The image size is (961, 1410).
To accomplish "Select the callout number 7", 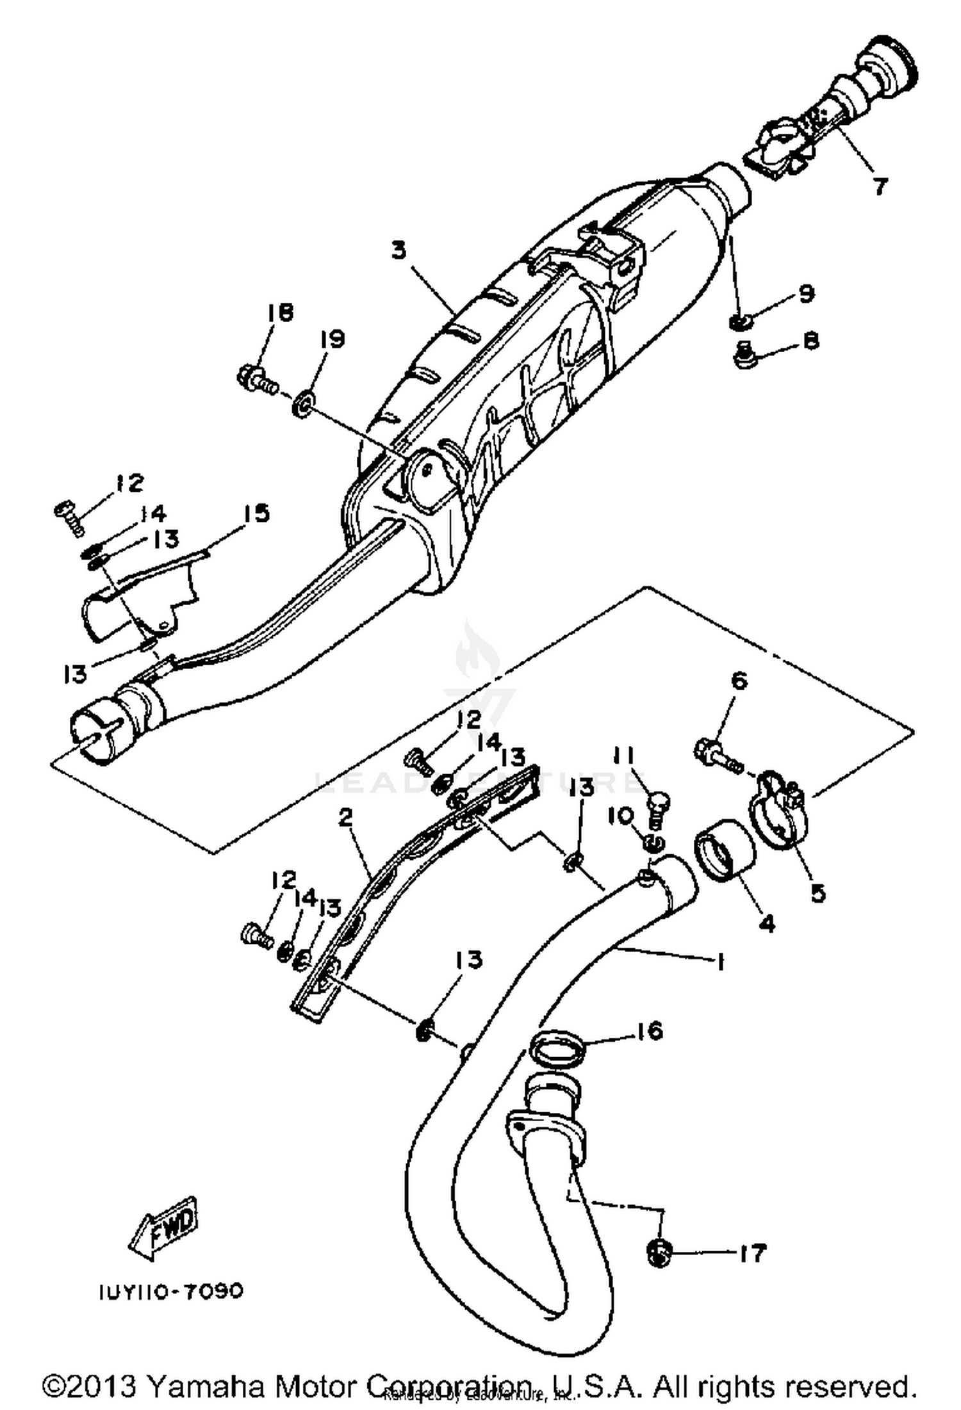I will (x=880, y=186).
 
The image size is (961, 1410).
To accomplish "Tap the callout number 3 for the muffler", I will (x=398, y=250).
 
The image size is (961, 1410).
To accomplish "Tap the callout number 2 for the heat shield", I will (x=346, y=818).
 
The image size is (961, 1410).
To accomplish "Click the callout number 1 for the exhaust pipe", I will (x=721, y=961).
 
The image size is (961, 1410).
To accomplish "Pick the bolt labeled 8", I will (x=744, y=356).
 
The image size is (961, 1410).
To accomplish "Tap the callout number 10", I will (x=625, y=816).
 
